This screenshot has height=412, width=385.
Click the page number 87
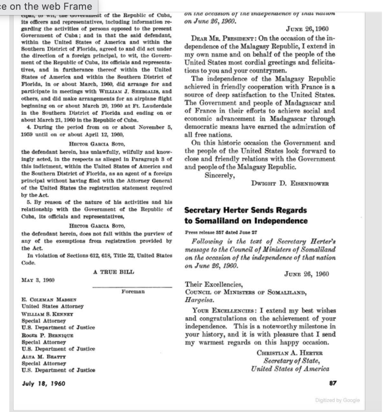[333, 383]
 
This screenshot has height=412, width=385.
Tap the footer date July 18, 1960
[44, 383]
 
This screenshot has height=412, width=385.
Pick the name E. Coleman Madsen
[48, 300]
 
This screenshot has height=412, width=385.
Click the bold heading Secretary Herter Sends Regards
[245, 211]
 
